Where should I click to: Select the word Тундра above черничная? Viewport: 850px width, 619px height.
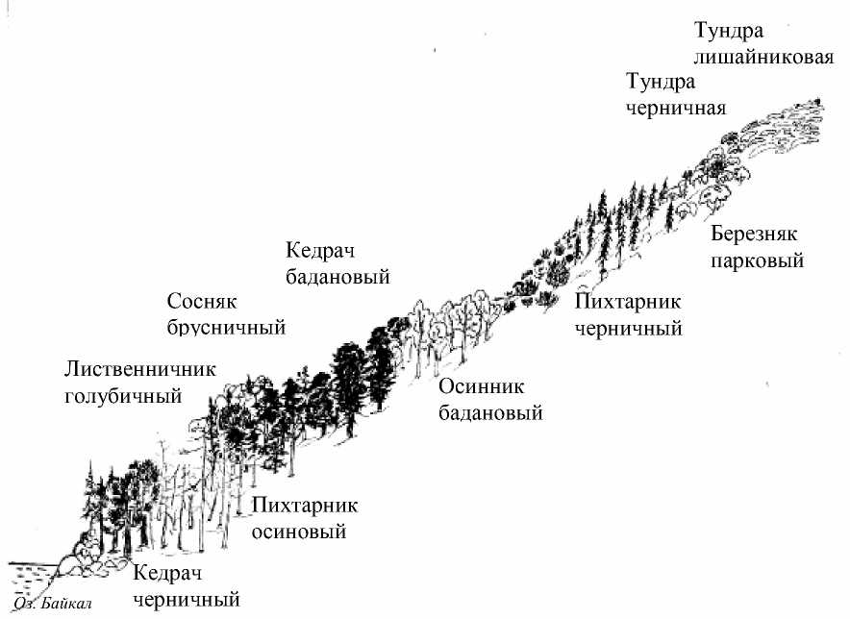(x=660, y=82)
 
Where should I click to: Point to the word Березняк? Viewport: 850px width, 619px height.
(x=755, y=235)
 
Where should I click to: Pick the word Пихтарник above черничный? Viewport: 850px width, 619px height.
(x=629, y=302)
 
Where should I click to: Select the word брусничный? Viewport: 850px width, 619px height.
(x=227, y=327)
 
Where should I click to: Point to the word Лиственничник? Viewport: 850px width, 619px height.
(x=140, y=369)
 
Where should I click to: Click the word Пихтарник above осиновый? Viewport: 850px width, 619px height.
(x=305, y=506)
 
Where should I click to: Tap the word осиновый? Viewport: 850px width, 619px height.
(x=298, y=532)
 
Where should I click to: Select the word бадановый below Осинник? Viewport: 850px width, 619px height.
(x=490, y=414)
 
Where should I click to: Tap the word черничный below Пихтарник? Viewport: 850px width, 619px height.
(x=628, y=328)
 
